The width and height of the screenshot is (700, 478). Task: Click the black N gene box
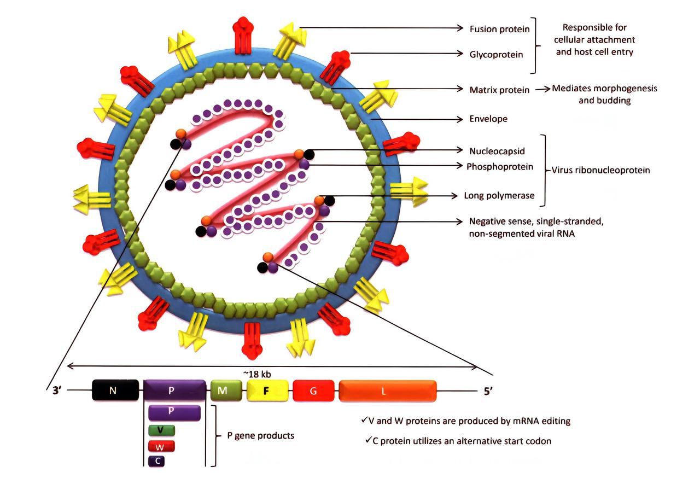pos(112,391)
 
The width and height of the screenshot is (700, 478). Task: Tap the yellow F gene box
pos(267,391)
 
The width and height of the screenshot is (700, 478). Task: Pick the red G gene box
pos(313,391)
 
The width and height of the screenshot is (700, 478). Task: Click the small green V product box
pos(161,430)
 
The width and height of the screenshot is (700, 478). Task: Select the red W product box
pos(161,446)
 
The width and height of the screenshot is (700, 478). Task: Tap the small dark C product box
pos(157,460)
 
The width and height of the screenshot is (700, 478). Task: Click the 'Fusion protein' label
pos(499,29)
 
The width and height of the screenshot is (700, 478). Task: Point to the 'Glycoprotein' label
pos(496,55)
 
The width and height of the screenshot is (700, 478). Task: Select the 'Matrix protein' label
pos(499,90)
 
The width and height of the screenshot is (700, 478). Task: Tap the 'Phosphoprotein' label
pos(500,167)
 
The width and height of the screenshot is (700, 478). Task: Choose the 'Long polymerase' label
pos(499,195)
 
